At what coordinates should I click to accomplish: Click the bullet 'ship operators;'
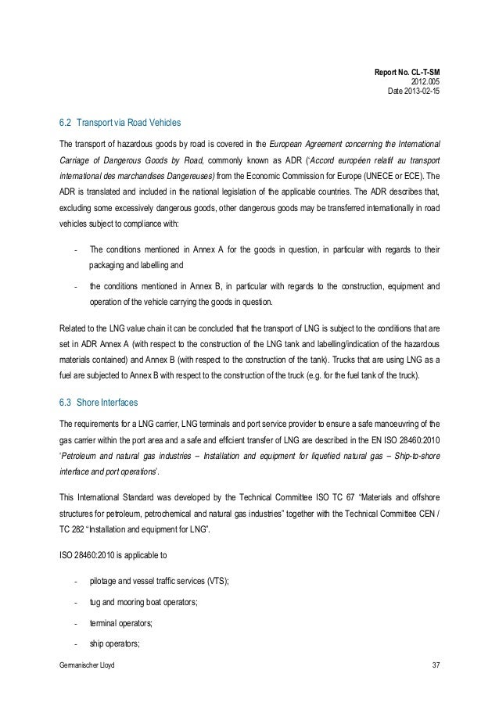(115, 643)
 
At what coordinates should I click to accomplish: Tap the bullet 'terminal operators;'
(120, 623)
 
